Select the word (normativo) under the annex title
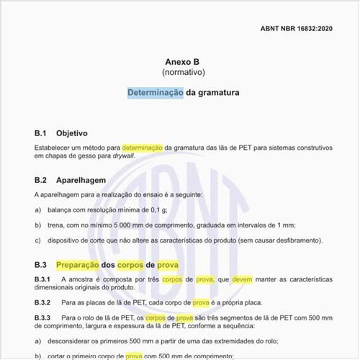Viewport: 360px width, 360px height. [x=183, y=73]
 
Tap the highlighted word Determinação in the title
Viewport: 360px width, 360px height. [x=155, y=93]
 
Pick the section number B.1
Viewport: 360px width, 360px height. [x=40, y=133]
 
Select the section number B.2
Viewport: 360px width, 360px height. [x=40, y=180]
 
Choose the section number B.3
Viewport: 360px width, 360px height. [x=40, y=264]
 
